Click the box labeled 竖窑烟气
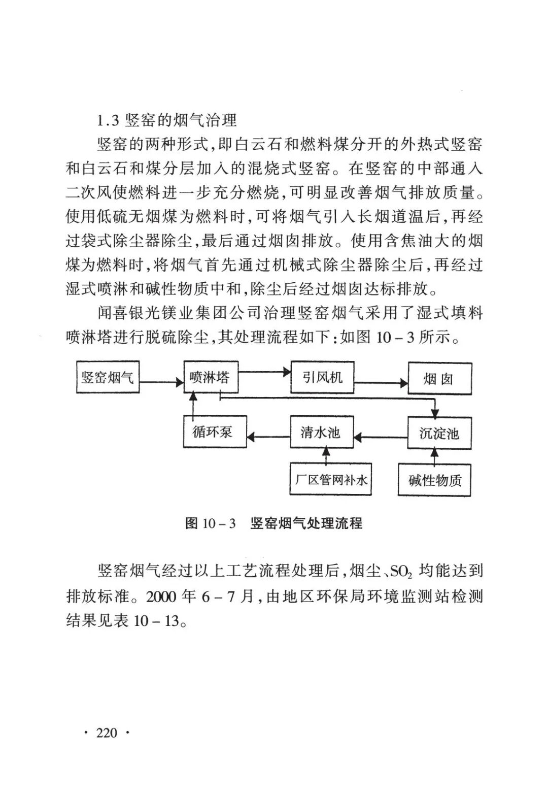(108, 377)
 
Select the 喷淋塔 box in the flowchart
(210, 377)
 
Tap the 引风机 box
(322, 377)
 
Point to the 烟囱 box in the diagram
(439, 379)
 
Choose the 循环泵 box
(214, 432)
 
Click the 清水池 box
(321, 433)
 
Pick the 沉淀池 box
(439, 433)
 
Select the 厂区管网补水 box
(330, 480)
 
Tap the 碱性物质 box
(434, 480)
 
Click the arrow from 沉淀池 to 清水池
(381, 436)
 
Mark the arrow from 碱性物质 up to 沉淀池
(435, 456)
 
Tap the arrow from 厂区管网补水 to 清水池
(325, 455)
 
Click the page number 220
(107, 733)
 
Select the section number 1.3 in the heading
(108, 121)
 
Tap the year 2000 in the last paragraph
(161, 596)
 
